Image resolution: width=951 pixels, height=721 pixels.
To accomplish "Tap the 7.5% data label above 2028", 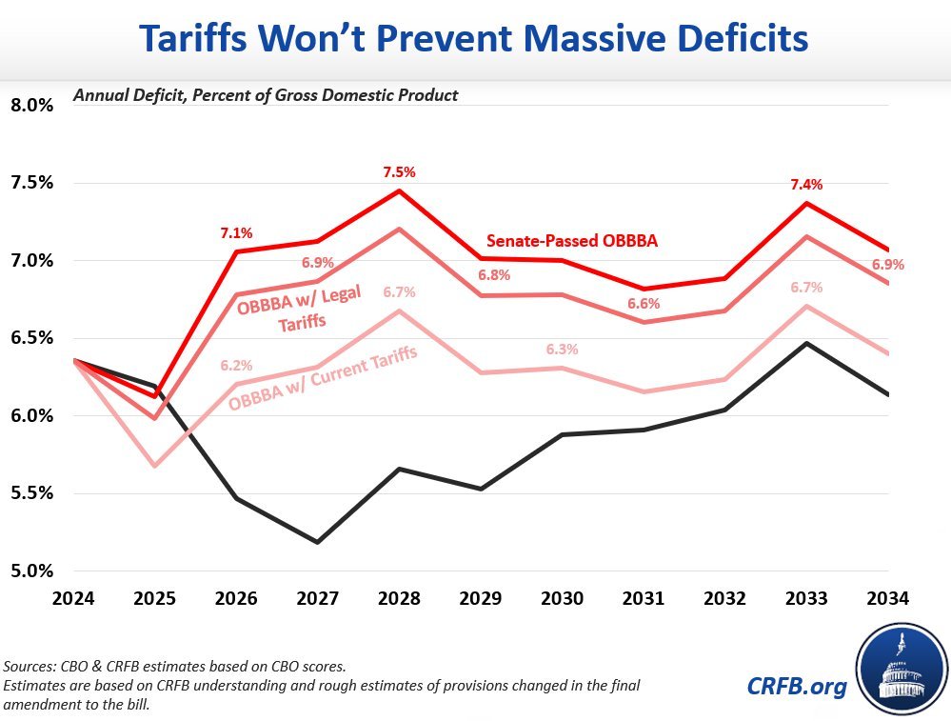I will pyautogui.click(x=400, y=172).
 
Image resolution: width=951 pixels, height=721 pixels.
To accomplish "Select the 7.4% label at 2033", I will pyautogui.click(x=807, y=185).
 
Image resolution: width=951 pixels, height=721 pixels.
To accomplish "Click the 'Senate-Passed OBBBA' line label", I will pyautogui.click(x=571, y=241).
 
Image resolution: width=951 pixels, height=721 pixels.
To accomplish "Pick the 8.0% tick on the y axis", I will pyautogui.click(x=32, y=105).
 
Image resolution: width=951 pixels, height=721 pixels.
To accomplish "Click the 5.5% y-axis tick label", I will pyautogui.click(x=32, y=493).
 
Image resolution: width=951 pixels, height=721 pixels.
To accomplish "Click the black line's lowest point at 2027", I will pyautogui.click(x=318, y=542).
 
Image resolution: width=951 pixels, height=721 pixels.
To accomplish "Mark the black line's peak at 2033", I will pyautogui.click(x=807, y=343).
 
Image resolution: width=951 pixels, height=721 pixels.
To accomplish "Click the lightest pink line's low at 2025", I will pyautogui.click(x=154, y=466).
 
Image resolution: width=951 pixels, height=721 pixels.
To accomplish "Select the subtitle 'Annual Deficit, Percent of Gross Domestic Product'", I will pyautogui.click(x=267, y=95).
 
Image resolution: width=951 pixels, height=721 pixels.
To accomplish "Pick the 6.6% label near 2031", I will pyautogui.click(x=644, y=303).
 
